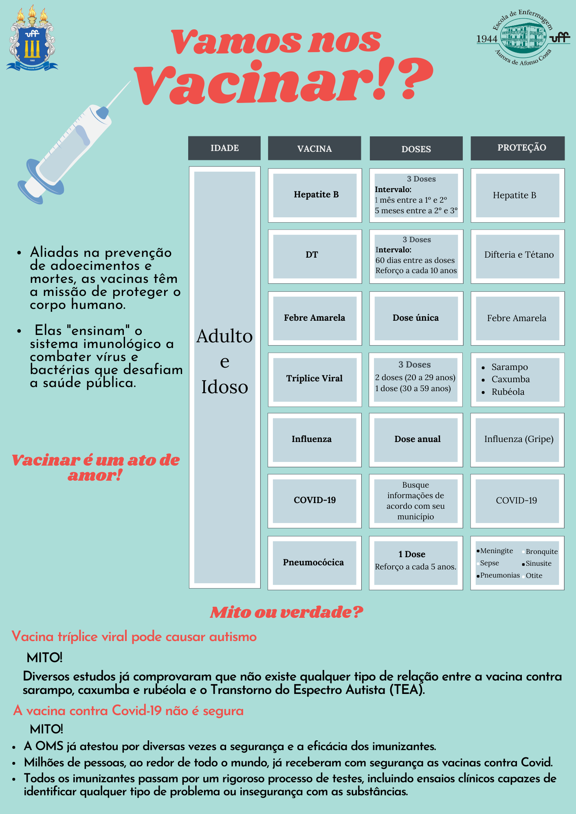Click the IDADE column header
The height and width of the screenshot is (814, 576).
pyautogui.click(x=224, y=148)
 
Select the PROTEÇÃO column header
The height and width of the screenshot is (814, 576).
pyautogui.click(x=517, y=148)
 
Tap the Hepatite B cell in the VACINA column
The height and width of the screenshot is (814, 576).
pyautogui.click(x=315, y=195)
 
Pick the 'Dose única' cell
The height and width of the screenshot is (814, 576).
pyautogui.click(x=416, y=318)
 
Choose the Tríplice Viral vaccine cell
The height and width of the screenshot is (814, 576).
pyautogui.click(x=315, y=379)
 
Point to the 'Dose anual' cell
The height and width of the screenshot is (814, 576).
pyautogui.click(x=416, y=440)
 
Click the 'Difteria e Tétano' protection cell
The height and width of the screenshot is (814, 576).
pyautogui.click(x=518, y=256)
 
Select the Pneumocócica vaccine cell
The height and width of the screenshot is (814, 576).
pyautogui.click(x=314, y=562)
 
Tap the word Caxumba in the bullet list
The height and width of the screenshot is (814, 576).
pyautogui.click(x=510, y=379)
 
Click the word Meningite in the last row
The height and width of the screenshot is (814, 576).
pyautogui.click(x=497, y=551)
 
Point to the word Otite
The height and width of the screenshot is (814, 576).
pyautogui.click(x=534, y=575)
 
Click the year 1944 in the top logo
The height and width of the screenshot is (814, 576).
pyautogui.click(x=487, y=39)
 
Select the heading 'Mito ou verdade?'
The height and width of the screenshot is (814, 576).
pyautogui.click(x=286, y=612)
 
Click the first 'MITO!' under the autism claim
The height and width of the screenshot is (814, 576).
pyautogui.click(x=44, y=658)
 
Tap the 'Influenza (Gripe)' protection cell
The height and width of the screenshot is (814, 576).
pyautogui.click(x=518, y=440)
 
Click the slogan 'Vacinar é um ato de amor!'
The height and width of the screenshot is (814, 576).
pyautogui.click(x=95, y=467)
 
